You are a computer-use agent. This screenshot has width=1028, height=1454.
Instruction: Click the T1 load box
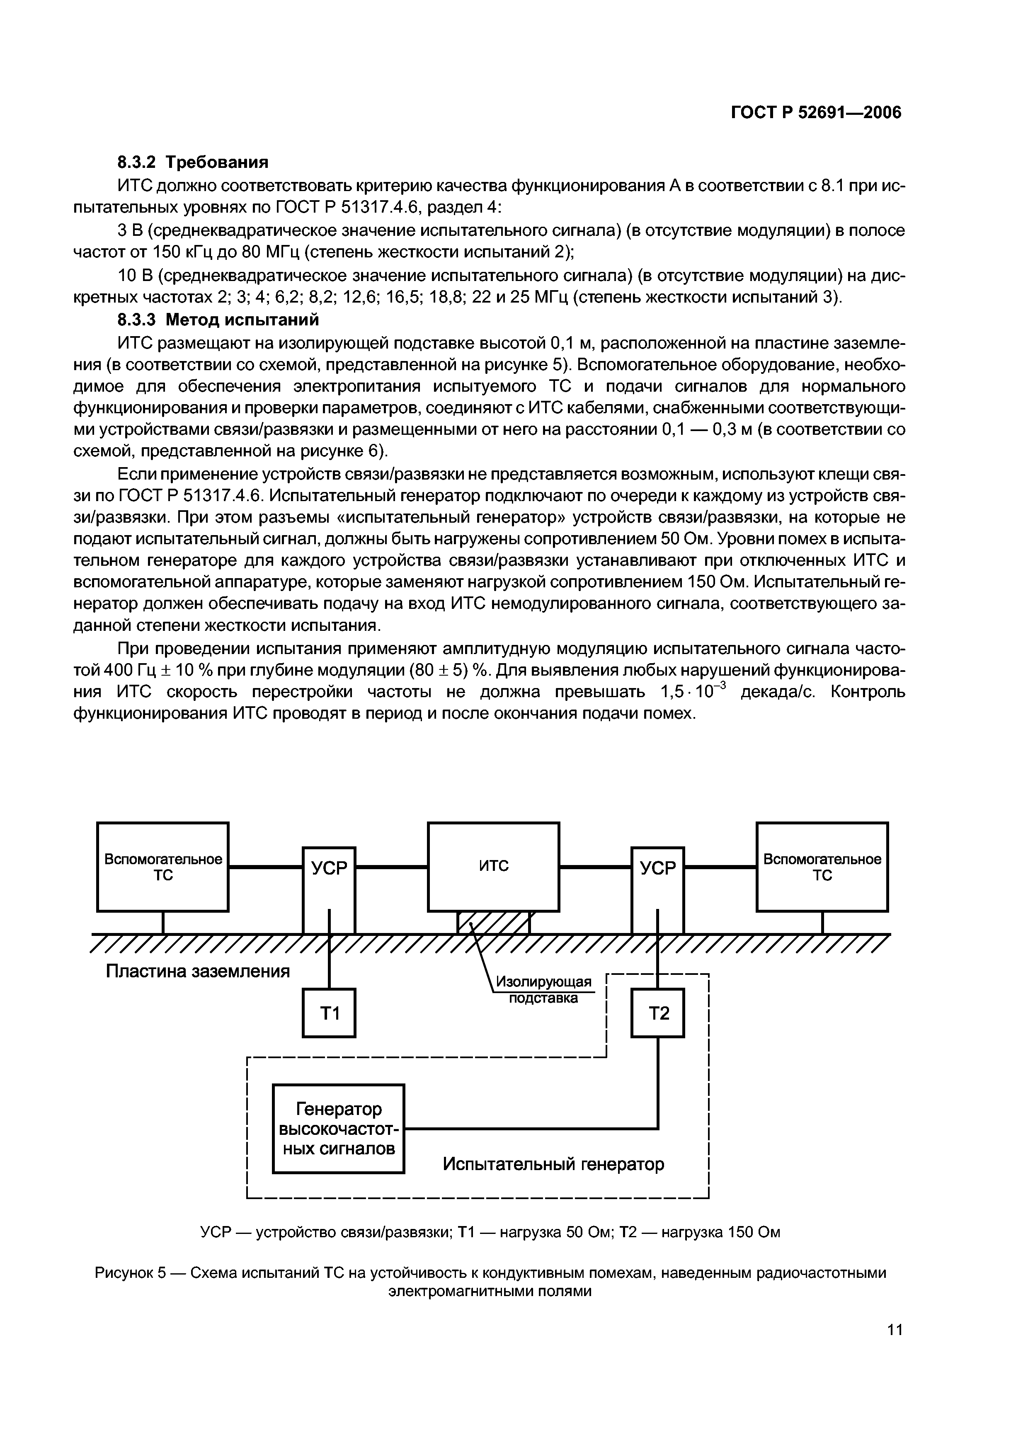point(329,1013)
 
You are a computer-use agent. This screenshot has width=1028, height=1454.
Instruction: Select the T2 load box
point(657,1013)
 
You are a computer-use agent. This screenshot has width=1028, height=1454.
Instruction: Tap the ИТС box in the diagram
point(493,866)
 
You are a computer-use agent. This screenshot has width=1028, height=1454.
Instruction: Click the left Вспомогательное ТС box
point(163,866)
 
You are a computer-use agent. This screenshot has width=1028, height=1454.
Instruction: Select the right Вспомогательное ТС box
point(822,866)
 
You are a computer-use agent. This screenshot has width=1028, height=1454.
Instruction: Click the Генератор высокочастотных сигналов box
point(338,1129)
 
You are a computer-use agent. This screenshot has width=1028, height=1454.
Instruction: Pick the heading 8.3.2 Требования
point(193,162)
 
